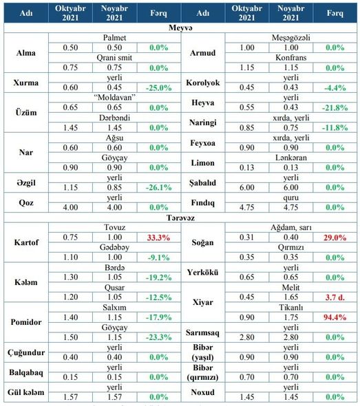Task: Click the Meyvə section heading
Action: (x=180, y=28)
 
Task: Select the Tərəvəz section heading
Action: (x=180, y=217)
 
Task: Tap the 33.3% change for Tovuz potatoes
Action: (x=158, y=237)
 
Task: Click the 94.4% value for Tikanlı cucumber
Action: (x=335, y=317)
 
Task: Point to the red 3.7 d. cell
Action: (x=335, y=297)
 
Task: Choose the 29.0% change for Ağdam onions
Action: (x=335, y=237)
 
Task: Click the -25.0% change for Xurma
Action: (x=158, y=88)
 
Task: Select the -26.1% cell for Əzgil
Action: (x=158, y=187)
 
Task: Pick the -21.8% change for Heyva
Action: (x=335, y=108)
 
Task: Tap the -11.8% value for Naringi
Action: (x=335, y=128)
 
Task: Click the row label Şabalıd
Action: (x=202, y=183)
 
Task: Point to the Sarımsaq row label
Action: (x=202, y=333)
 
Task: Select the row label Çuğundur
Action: (x=26, y=352)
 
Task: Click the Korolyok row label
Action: (x=202, y=83)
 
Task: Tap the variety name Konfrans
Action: (x=291, y=58)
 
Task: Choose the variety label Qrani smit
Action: (x=114, y=58)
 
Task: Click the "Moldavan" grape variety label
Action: (x=114, y=98)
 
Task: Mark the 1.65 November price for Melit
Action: (x=291, y=297)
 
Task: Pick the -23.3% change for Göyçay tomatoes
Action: (x=158, y=337)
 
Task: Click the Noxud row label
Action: (x=202, y=392)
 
